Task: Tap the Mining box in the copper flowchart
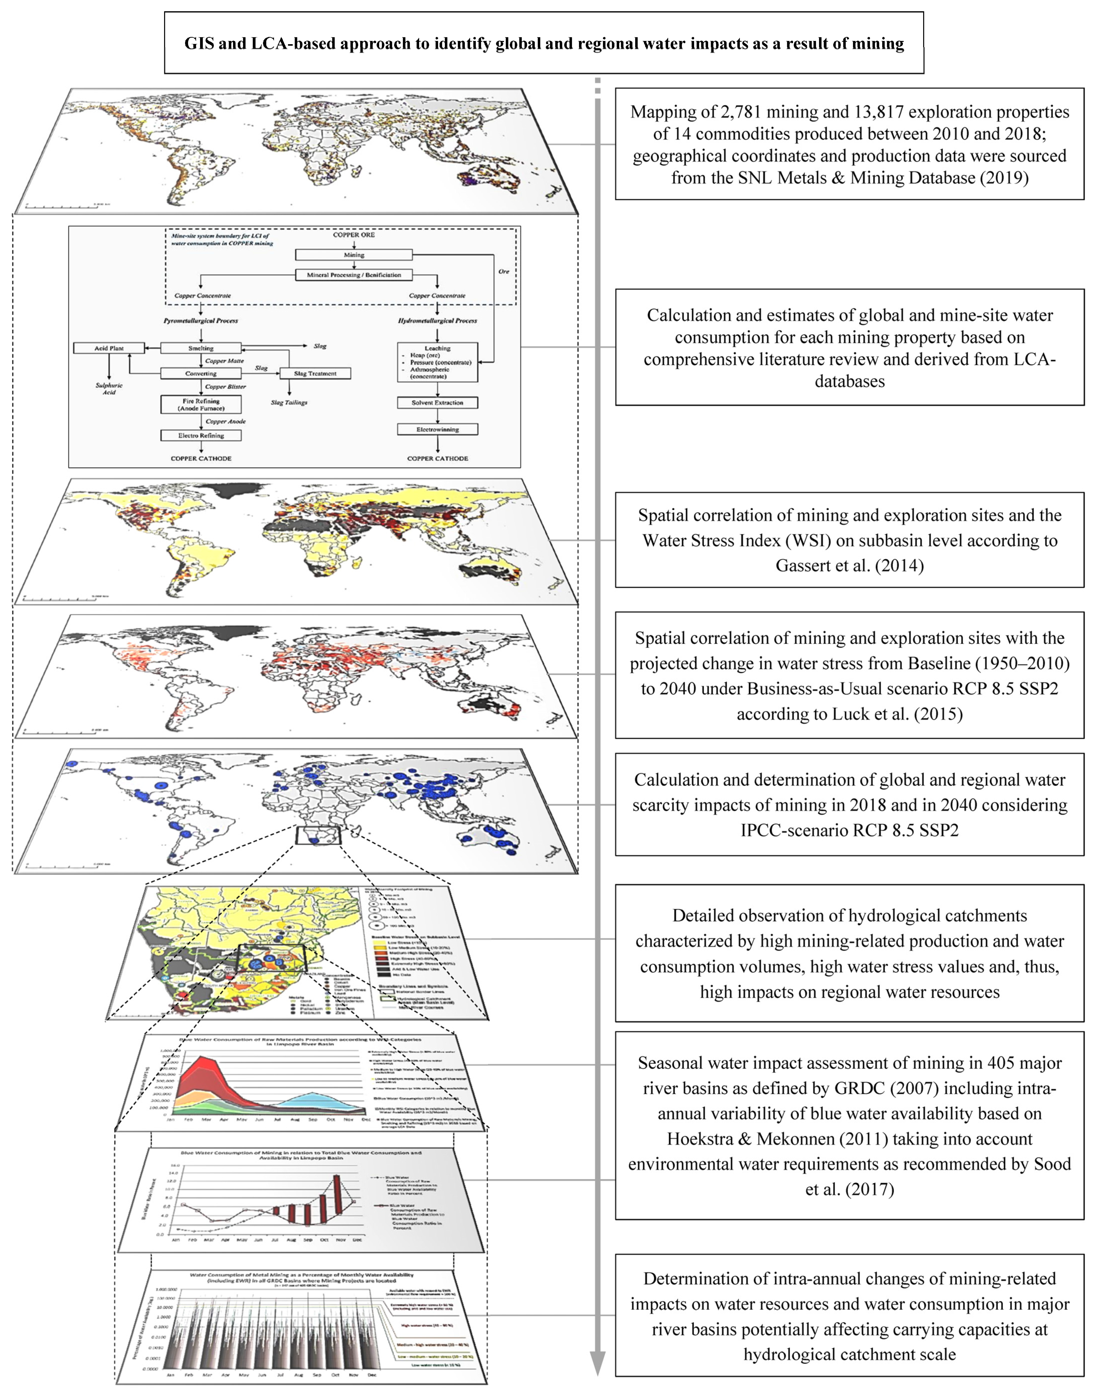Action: coord(354,255)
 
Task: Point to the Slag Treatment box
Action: coord(315,373)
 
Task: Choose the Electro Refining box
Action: coord(201,435)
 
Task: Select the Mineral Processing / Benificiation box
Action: coord(354,275)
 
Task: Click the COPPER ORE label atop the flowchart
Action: coord(354,235)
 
